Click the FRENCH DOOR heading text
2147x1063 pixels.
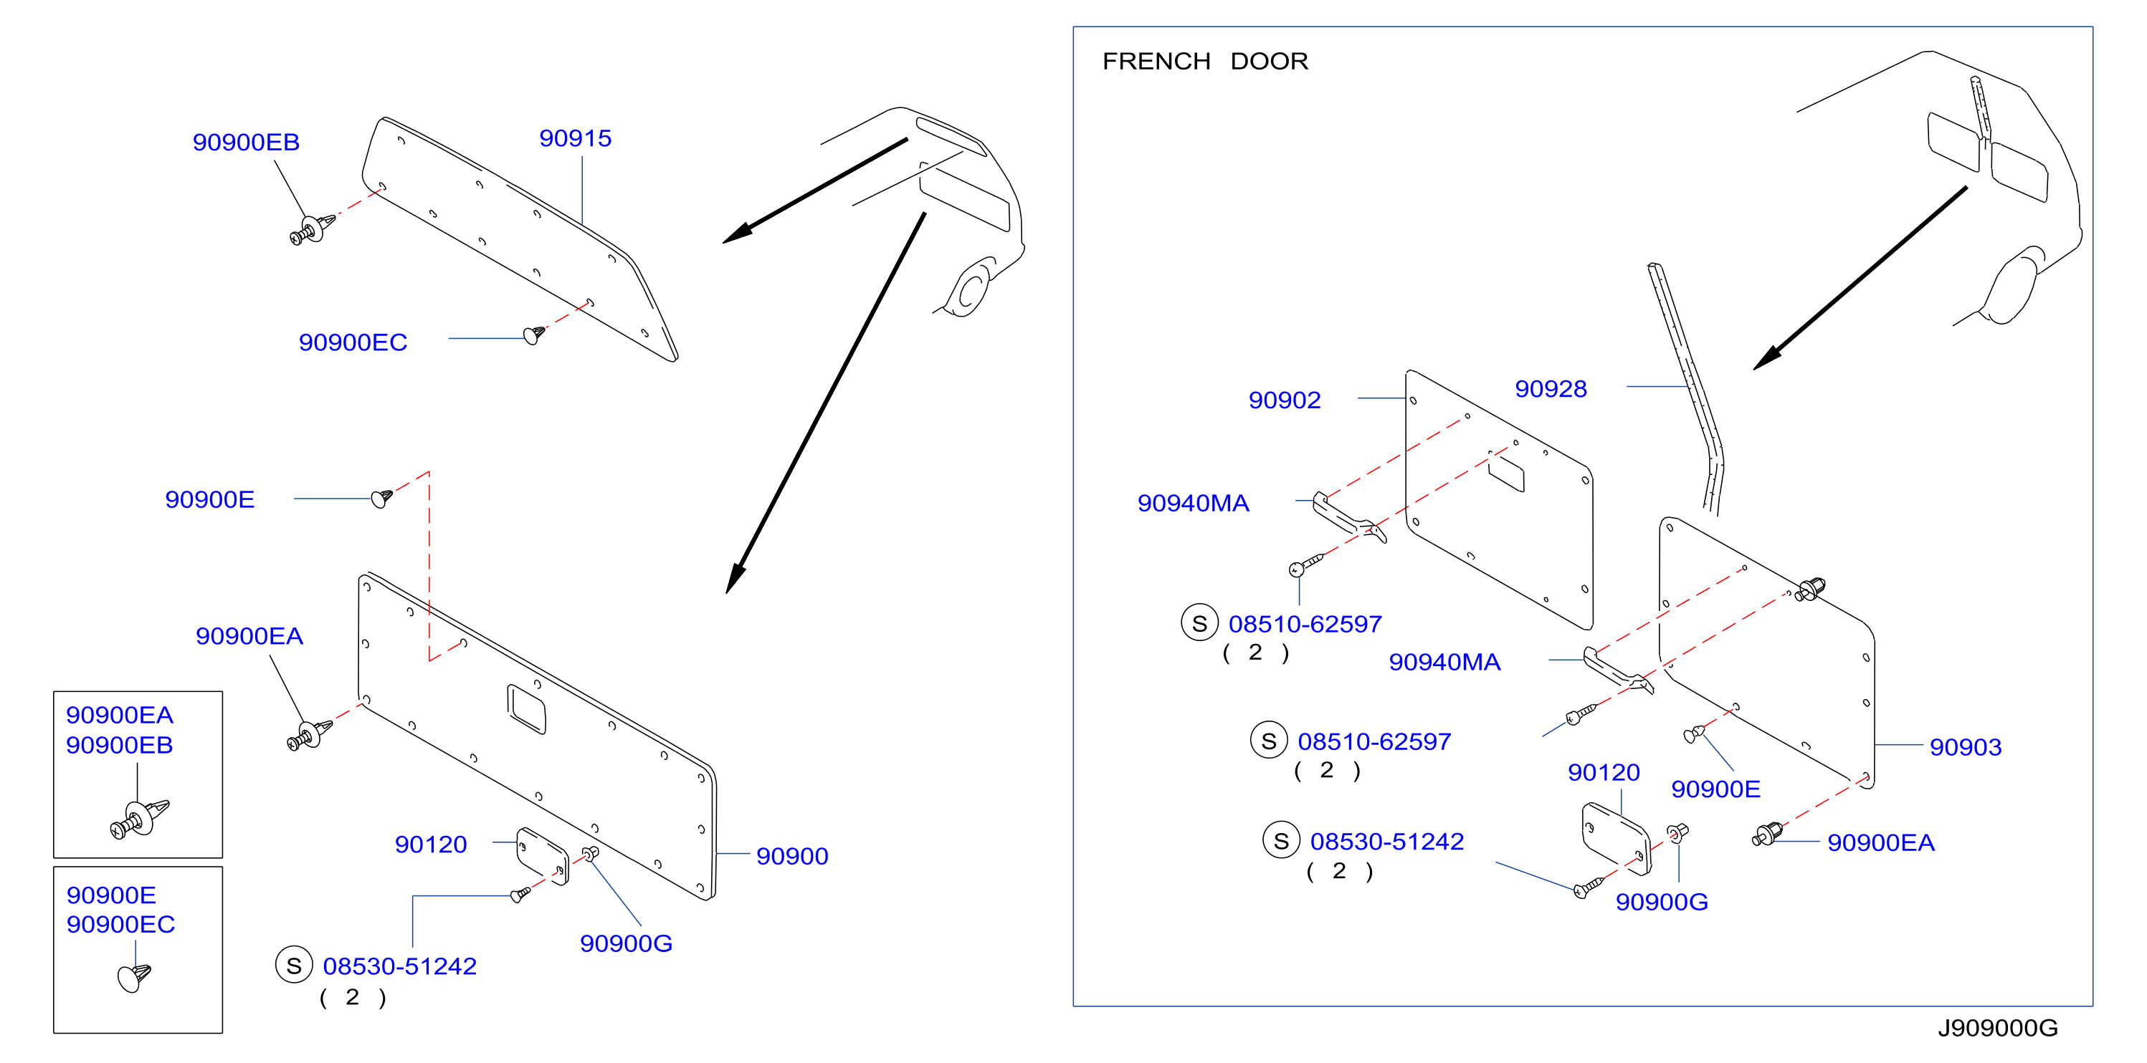[x=1204, y=61]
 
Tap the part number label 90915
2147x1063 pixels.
[x=575, y=138]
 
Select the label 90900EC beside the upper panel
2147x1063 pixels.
[x=353, y=342]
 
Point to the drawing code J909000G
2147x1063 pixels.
[x=1997, y=1028]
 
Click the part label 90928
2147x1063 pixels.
[x=1551, y=389]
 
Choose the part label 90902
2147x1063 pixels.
[x=1285, y=400]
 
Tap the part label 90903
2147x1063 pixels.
[x=1966, y=747]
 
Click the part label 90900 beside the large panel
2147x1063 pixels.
[x=792, y=857]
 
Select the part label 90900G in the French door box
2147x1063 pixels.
[x=1661, y=903]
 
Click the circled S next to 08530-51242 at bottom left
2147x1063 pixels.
[x=293, y=966]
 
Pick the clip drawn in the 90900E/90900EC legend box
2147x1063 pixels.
[x=134, y=976]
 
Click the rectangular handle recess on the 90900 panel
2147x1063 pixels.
[x=526, y=709]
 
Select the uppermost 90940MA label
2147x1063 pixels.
[x=1193, y=503]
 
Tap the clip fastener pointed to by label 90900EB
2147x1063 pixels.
[x=313, y=229]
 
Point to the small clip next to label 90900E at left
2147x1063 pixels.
[x=381, y=498]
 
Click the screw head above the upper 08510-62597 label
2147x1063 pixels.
[x=1296, y=569]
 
